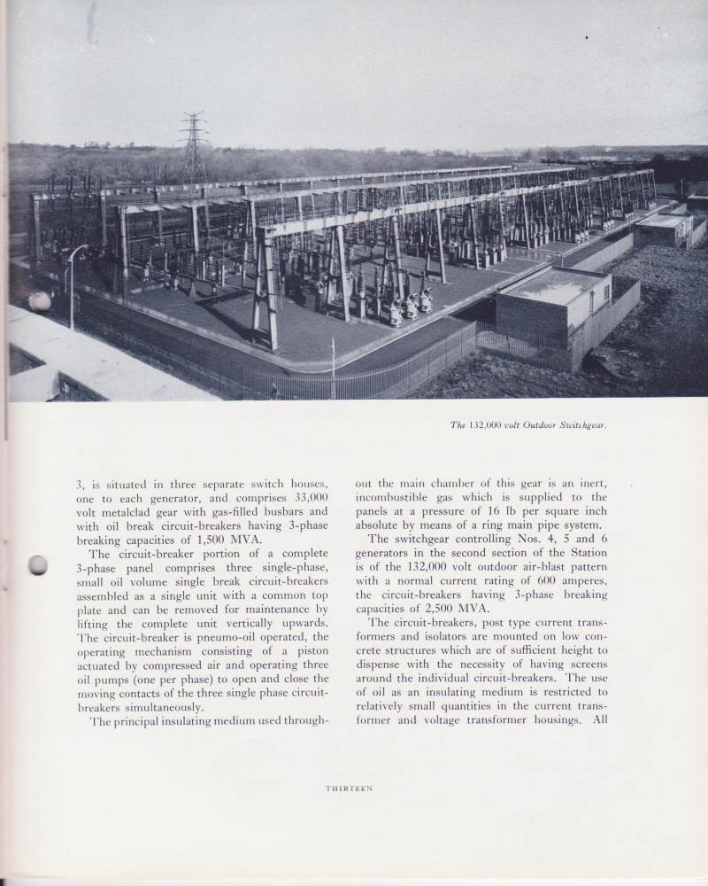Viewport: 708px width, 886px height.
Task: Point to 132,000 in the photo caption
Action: point(490,424)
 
